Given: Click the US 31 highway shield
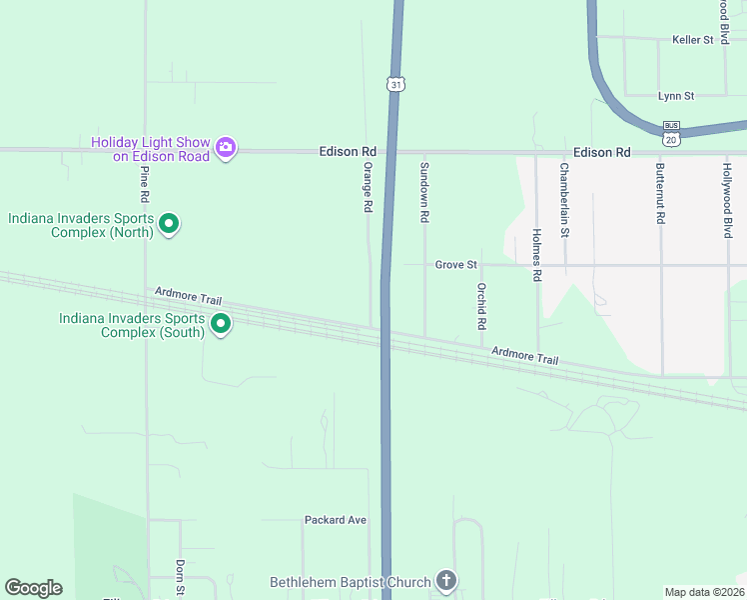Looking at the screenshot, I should pos(396,84).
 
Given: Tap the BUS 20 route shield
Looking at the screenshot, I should pos(672,132).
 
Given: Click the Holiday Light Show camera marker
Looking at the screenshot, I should pos(226,148).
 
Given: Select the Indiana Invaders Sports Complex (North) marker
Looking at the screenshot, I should pos(169,224).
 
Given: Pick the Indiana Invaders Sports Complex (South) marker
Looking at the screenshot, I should pos(221,324).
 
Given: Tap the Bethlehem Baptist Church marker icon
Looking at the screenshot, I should pos(445,581).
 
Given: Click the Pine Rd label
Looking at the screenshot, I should pos(146,184).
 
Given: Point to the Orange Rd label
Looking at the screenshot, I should pos(368,187).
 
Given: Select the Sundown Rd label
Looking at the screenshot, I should pos(424,191).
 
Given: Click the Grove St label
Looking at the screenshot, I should pos(456,265).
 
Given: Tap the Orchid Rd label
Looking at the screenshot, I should pos(480,306).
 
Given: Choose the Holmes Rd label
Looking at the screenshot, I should pos(536,254).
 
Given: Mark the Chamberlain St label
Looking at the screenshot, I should pos(564,200).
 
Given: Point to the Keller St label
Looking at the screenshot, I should pos(693,40).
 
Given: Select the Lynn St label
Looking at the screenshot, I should pos(676,96).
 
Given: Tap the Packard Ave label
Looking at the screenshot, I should pos(336,520).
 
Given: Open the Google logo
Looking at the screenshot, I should pos(33,587).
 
